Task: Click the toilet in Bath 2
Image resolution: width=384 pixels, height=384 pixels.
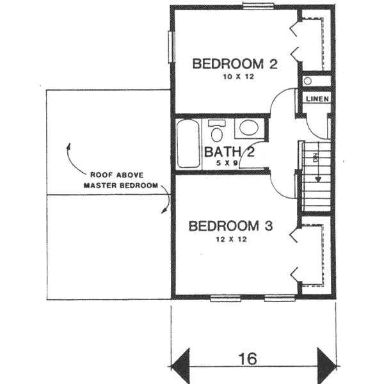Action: pyautogui.click(x=217, y=132)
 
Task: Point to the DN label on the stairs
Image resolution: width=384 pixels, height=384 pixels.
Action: pyautogui.click(x=315, y=157)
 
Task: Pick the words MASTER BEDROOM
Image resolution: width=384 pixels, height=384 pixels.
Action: pyautogui.click(x=120, y=186)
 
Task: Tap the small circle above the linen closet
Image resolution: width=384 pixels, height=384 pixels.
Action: pyautogui.click(x=308, y=81)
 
